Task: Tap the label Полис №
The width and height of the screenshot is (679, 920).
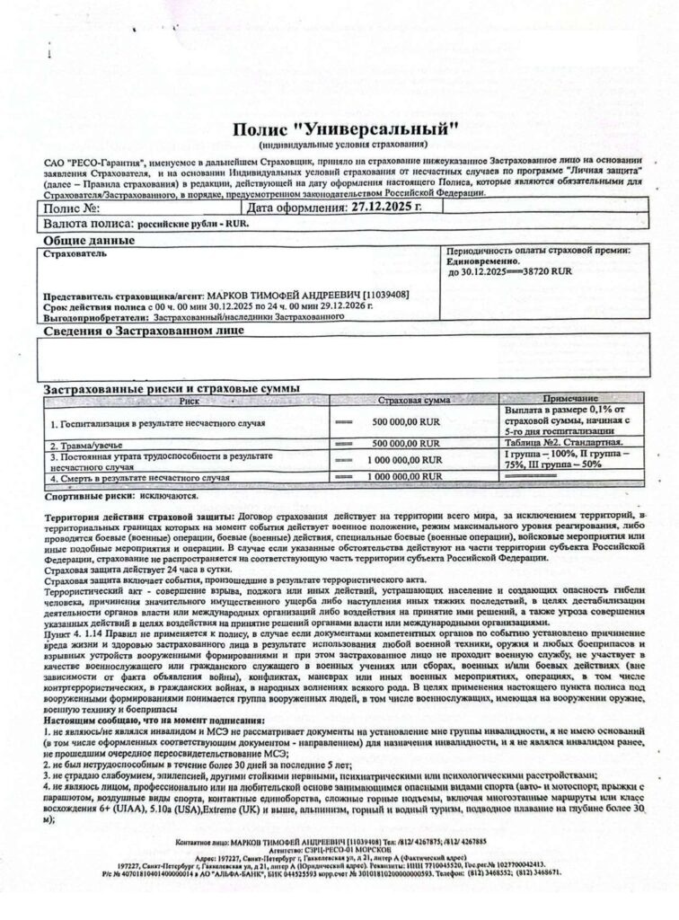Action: (x=72, y=207)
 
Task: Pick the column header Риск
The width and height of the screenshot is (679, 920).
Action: (x=188, y=401)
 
